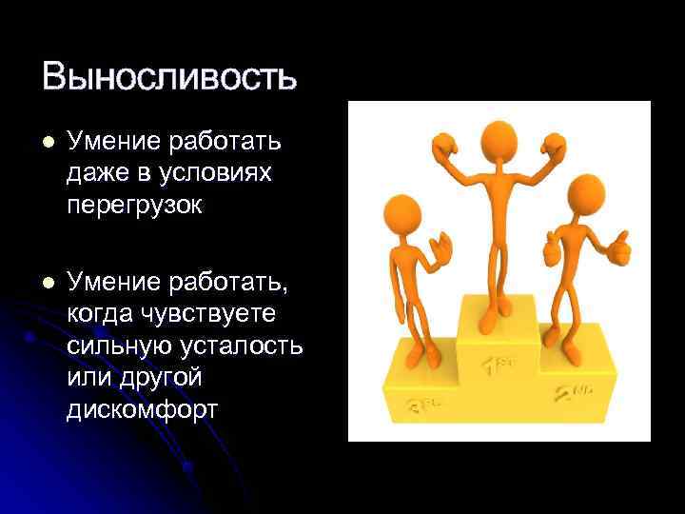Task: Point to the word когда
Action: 101,313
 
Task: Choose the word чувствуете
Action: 221,313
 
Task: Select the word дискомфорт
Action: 143,410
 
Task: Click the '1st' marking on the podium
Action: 499,363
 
